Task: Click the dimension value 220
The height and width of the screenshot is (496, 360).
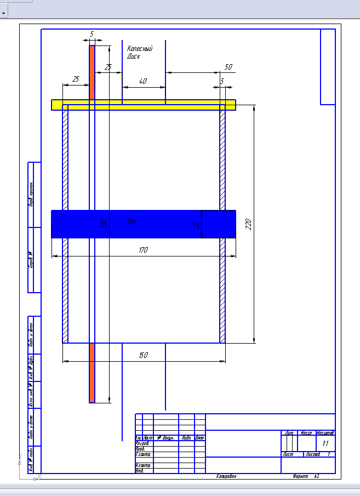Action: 248,224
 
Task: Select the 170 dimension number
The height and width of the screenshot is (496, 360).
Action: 143,250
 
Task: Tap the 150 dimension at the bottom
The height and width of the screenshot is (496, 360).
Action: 143,355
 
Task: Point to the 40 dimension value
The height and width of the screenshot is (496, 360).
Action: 143,81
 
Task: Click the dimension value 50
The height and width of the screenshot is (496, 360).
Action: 228,67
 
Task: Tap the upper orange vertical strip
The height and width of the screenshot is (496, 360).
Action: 92,71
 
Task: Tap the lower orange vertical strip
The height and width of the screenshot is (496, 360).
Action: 92,373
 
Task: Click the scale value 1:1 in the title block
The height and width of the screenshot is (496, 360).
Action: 325,443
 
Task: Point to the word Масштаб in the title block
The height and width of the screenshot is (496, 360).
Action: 325,433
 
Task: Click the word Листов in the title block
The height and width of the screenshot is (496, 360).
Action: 313,454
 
